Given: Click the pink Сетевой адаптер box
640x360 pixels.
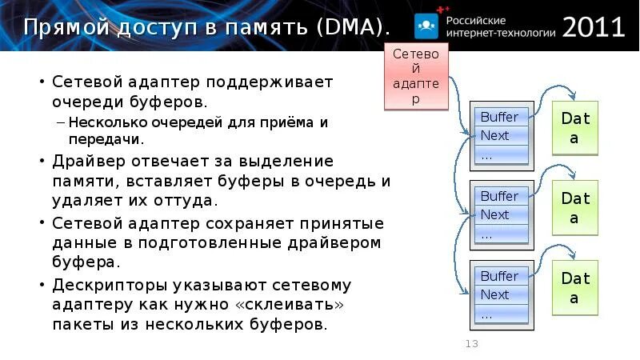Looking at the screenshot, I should [417, 77].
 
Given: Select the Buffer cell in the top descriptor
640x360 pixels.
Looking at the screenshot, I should [500, 117].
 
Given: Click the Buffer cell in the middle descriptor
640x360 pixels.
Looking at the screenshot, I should [500, 196].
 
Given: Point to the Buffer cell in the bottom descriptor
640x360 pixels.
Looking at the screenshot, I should [500, 276].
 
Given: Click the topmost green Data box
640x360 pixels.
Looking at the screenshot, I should [575, 129].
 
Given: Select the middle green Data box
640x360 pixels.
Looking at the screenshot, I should [575, 208].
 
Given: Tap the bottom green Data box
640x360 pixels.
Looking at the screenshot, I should [575, 288].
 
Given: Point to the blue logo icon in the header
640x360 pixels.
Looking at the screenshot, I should [426, 26].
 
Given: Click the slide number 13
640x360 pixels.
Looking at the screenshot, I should [471, 344].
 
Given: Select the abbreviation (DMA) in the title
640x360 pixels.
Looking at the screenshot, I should [352, 28].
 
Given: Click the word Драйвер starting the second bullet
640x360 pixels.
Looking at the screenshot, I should [90, 162].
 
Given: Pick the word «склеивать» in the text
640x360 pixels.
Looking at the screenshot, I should [289, 305].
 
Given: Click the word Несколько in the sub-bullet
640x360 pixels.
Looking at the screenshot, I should [106, 123].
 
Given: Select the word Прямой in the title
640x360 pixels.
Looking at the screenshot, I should [67, 28].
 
